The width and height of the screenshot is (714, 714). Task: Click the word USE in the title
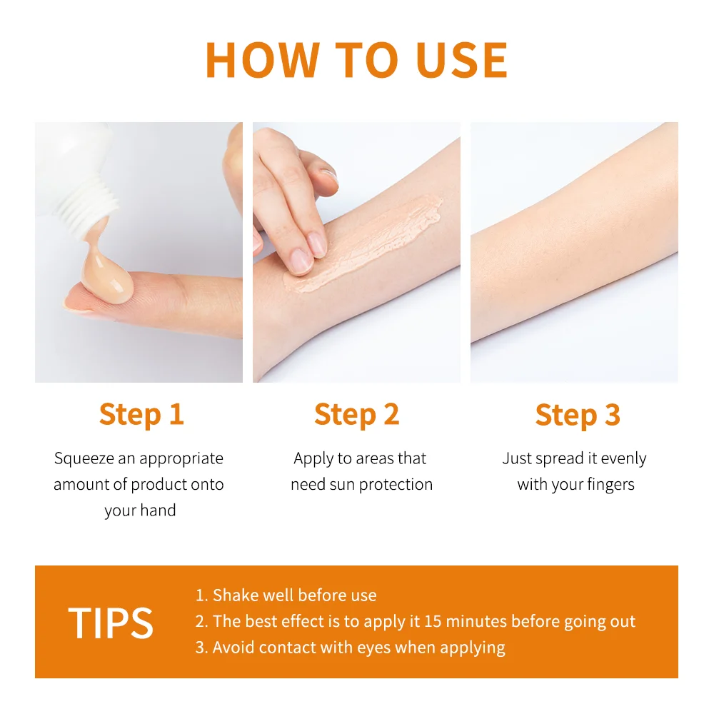[x=463, y=61]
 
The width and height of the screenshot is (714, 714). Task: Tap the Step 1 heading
[x=141, y=415]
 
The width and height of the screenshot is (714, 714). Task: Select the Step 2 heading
[x=356, y=415]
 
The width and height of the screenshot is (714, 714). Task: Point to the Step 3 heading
[x=578, y=415]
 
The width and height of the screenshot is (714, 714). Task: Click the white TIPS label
[x=111, y=623]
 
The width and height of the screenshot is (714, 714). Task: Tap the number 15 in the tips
[x=433, y=621]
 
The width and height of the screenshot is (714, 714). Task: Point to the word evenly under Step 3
[x=623, y=459]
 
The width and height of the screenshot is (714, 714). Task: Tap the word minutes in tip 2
[x=478, y=621]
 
